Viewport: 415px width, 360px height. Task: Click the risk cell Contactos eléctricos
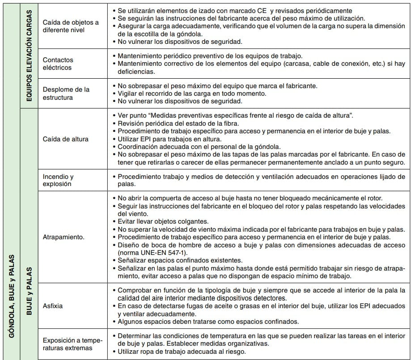(x=58, y=64)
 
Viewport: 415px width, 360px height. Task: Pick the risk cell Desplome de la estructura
(x=66, y=93)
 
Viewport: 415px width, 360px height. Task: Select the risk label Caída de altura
(x=65, y=139)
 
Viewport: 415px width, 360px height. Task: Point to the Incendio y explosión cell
(x=58, y=180)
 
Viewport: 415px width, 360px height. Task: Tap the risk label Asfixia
(x=53, y=306)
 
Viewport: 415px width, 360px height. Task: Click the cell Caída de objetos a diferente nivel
(x=71, y=26)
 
